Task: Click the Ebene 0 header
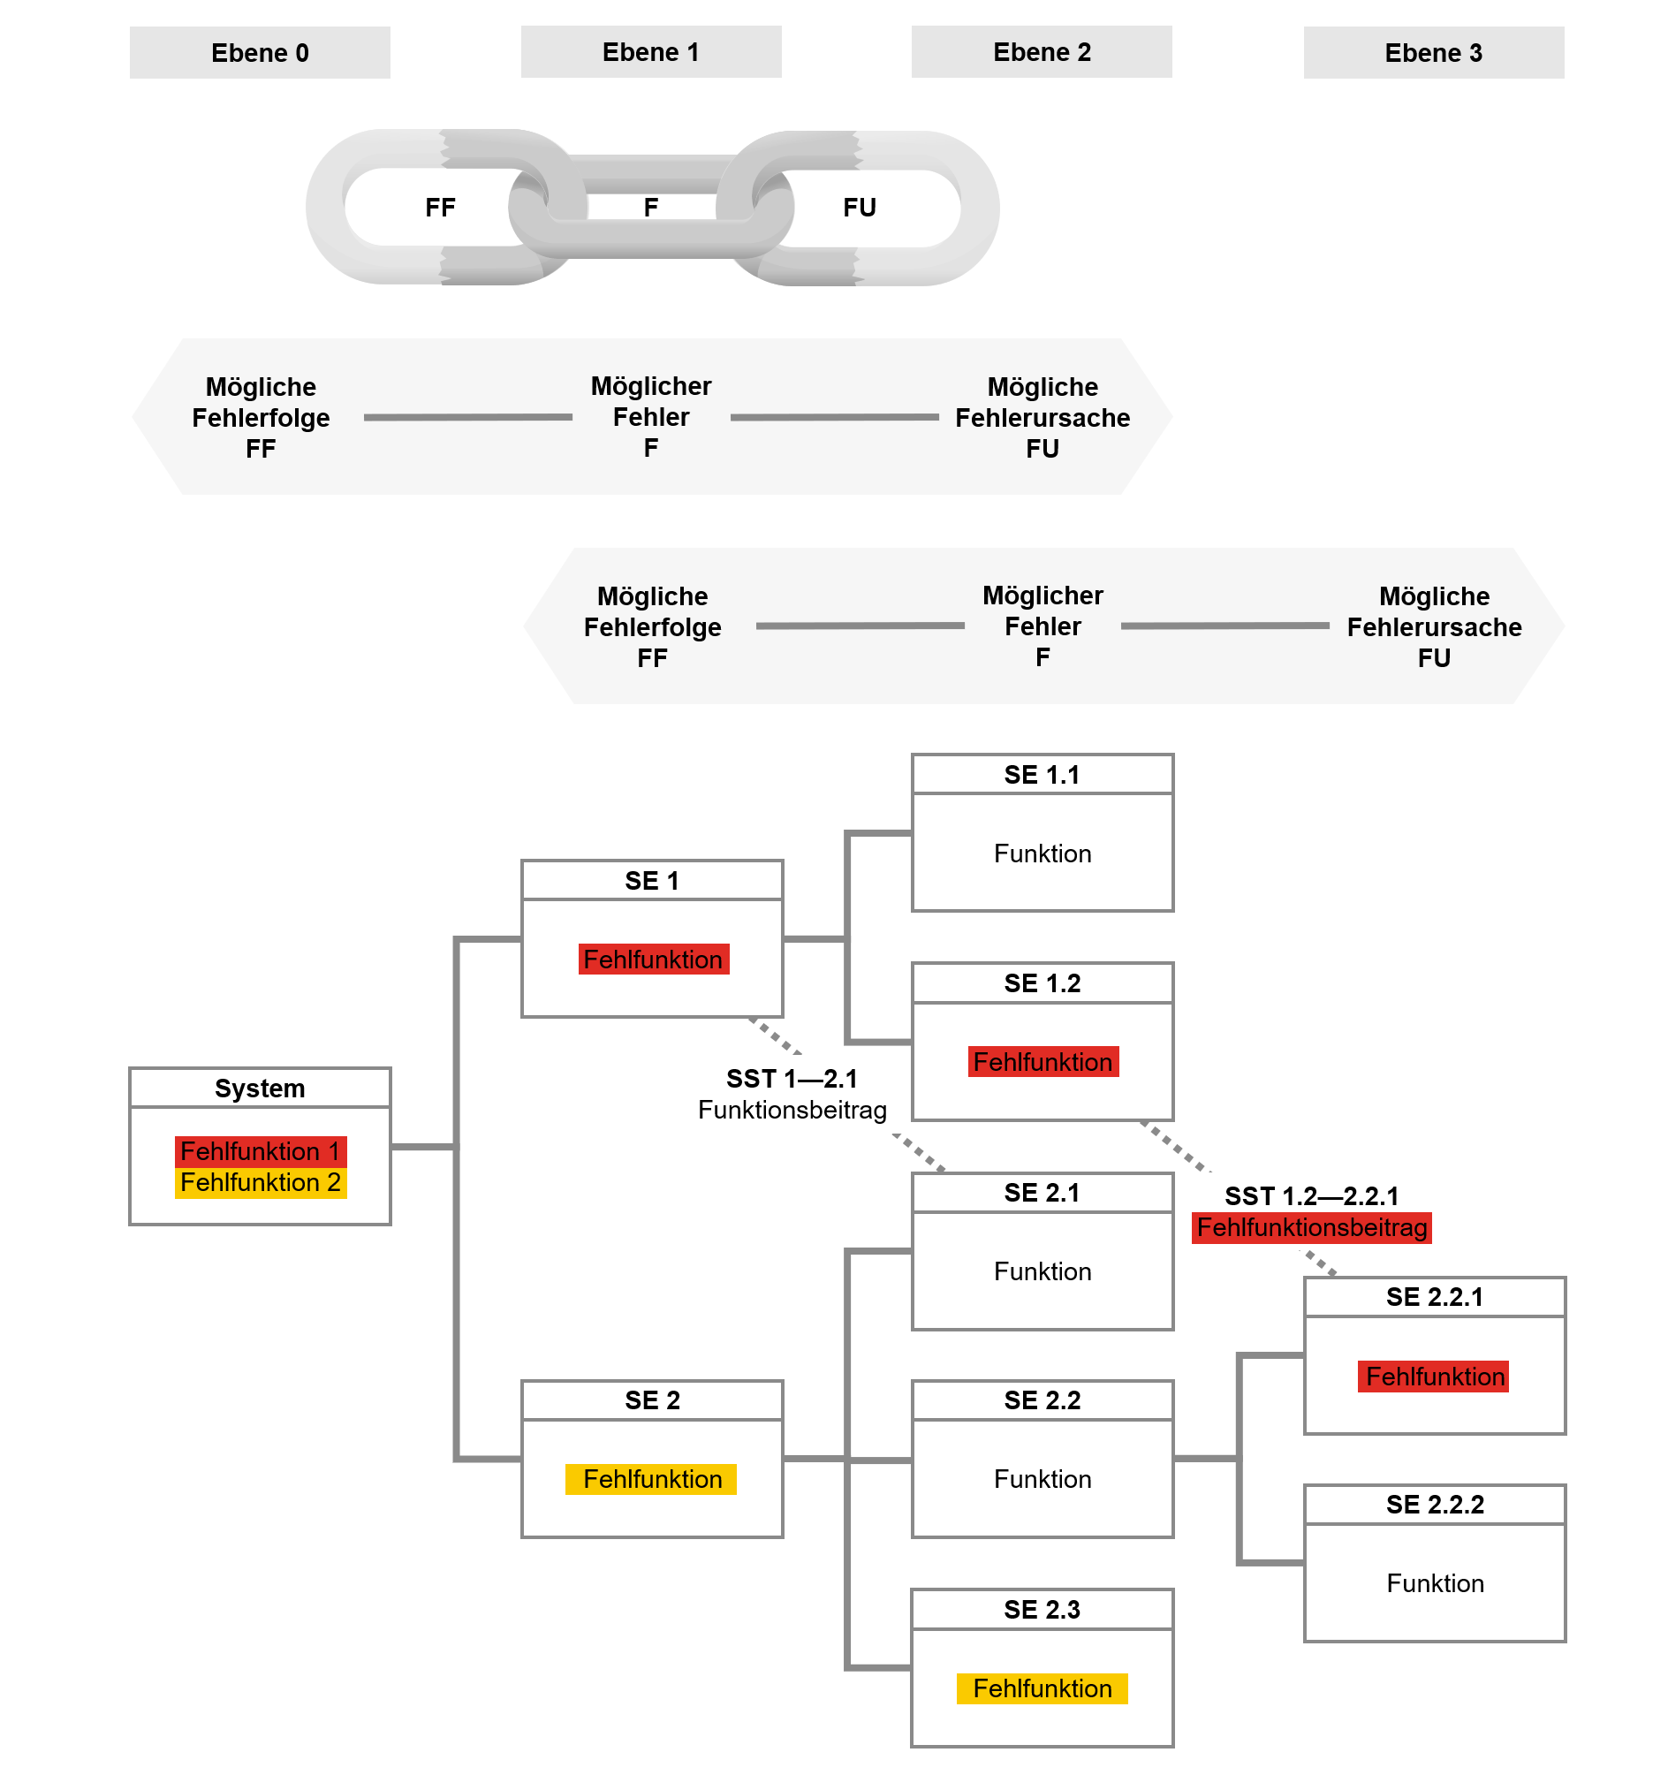pyautogui.click(x=260, y=53)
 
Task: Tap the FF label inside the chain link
pyautogui.click(x=440, y=208)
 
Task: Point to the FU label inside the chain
pyautogui.click(x=859, y=208)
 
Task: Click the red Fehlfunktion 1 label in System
pyautogui.click(x=260, y=1151)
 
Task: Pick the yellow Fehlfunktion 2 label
pyautogui.click(x=260, y=1182)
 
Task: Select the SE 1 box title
pyautogui.click(x=652, y=880)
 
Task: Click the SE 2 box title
pyautogui.click(x=652, y=1400)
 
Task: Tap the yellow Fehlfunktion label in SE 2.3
pyautogui.click(x=1042, y=1688)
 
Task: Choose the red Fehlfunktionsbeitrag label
pyautogui.click(x=1312, y=1228)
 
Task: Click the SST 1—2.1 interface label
pyautogui.click(x=791, y=1079)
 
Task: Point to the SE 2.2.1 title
pyautogui.click(x=1434, y=1296)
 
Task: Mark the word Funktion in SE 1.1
pyautogui.click(x=1042, y=853)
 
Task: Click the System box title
pyautogui.click(x=260, y=1089)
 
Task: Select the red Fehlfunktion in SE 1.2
pyautogui.click(x=1042, y=1062)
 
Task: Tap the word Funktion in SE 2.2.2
pyautogui.click(x=1434, y=1583)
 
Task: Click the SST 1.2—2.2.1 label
pyautogui.click(x=1311, y=1196)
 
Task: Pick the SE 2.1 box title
pyautogui.click(x=1042, y=1193)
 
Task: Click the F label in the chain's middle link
pyautogui.click(x=651, y=208)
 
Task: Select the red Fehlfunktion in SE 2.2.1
pyautogui.click(x=1434, y=1377)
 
